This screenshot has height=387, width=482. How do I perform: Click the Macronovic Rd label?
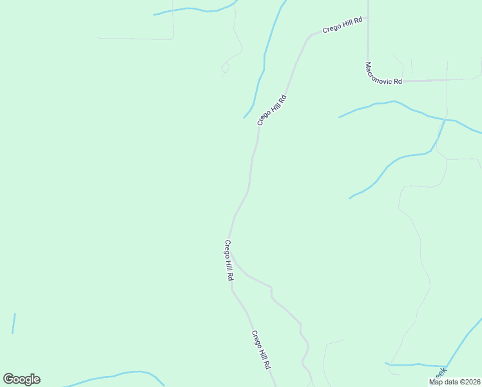tap(383, 73)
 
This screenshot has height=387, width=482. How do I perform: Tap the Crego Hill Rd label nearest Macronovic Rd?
tap(343, 26)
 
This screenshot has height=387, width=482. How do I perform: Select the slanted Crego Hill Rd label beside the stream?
tap(271, 110)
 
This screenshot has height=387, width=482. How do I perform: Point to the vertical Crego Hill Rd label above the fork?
tap(228, 259)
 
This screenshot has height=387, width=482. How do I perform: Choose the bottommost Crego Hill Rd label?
tap(261, 350)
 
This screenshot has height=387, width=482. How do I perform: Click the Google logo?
tap(21, 379)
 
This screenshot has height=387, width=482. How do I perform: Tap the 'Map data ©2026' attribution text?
tap(454, 382)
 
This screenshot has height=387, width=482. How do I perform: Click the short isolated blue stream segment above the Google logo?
tap(14, 324)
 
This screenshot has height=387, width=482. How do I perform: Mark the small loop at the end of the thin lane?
tap(225, 67)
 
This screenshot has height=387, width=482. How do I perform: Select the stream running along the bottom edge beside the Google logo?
tap(116, 375)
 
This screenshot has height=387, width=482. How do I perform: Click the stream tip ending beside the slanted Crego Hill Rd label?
tap(245, 117)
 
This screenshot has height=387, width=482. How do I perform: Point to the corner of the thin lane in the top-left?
tap(171, 37)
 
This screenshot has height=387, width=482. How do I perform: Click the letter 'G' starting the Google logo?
tap(8, 379)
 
